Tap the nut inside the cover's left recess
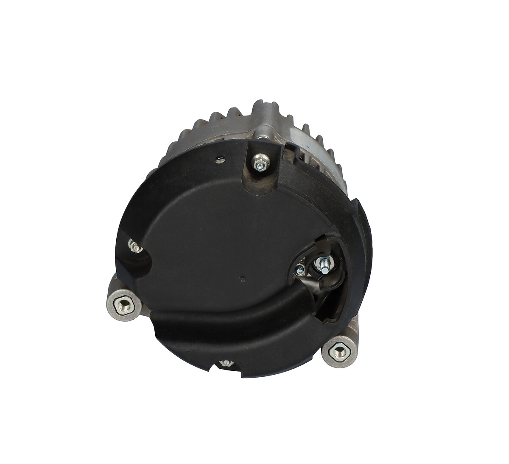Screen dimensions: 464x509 coord(134,246)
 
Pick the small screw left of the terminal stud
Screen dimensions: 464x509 coord(300,268)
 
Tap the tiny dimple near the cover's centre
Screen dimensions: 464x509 coord(242,279)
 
